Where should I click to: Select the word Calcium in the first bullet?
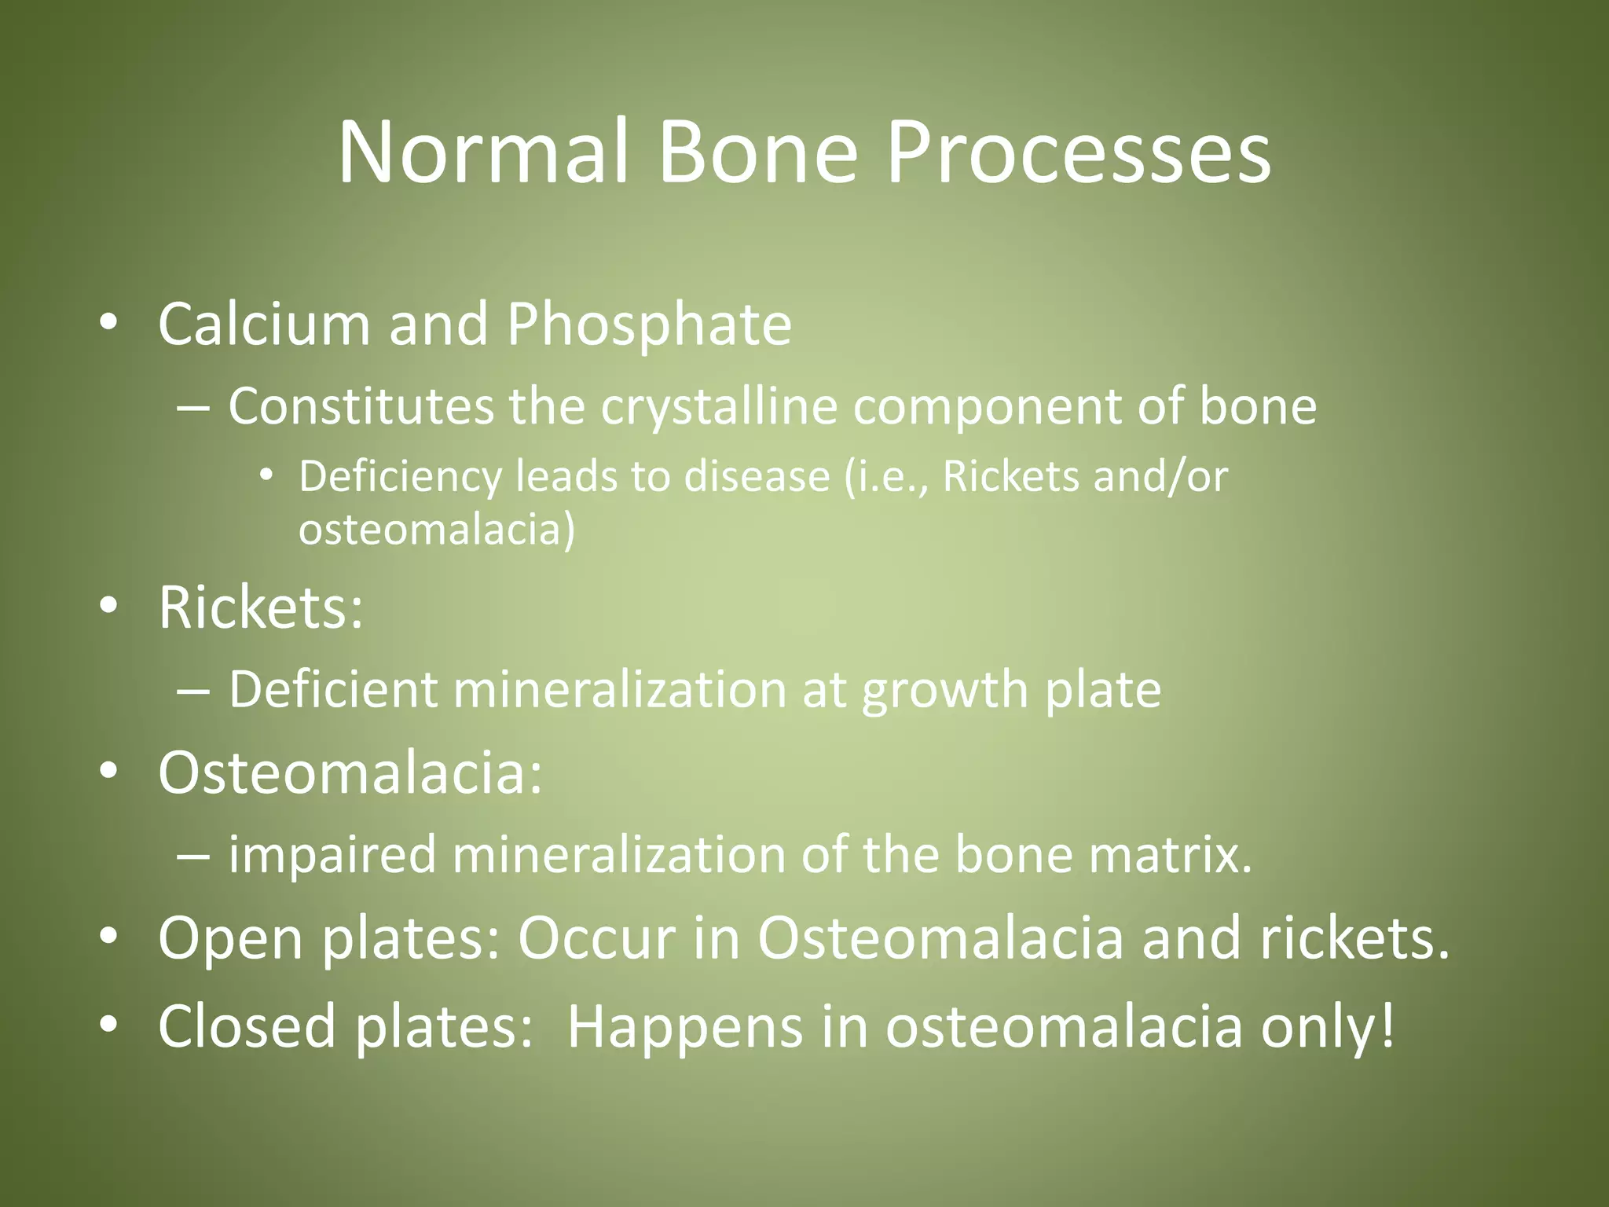click(264, 324)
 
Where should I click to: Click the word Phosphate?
click(649, 324)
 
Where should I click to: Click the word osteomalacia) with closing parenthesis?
click(437, 530)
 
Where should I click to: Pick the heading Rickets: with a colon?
click(261, 607)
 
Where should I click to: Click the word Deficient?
click(333, 690)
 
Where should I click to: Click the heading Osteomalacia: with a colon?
click(350, 773)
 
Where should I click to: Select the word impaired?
click(332, 855)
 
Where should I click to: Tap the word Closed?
click(247, 1026)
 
